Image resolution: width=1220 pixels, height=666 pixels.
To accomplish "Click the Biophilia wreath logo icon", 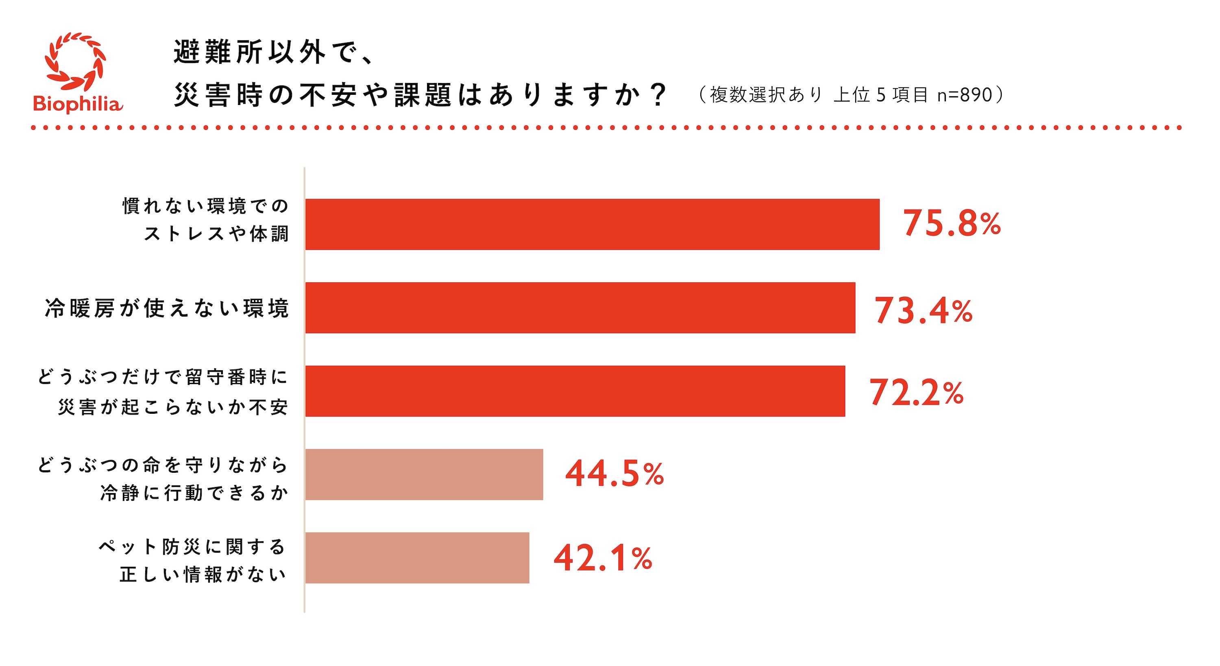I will pyautogui.click(x=76, y=61).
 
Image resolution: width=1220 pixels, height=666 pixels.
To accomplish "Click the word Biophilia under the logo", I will pyautogui.click(x=78, y=104).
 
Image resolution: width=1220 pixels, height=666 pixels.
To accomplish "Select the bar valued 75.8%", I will pyautogui.click(x=592, y=225).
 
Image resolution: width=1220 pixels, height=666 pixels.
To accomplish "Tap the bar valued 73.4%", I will pyautogui.click(x=580, y=308).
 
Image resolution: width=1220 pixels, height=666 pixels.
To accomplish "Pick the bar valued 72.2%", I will pyautogui.click(x=575, y=391).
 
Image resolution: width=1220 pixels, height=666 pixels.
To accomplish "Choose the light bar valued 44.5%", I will pyautogui.click(x=424, y=475).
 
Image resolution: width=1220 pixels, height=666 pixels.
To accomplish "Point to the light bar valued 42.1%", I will pyautogui.click(x=417, y=558).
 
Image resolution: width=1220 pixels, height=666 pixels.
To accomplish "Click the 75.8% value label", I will pyautogui.click(x=952, y=224).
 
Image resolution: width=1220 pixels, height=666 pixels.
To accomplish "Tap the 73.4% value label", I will pyautogui.click(x=923, y=311).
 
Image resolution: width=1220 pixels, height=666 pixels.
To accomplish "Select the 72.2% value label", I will pyautogui.click(x=916, y=393).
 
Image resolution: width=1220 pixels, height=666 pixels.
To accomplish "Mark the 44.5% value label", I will pyautogui.click(x=614, y=474).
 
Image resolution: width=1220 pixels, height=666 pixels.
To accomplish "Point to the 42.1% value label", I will pyautogui.click(x=603, y=559).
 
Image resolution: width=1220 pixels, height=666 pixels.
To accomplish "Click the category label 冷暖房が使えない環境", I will pyautogui.click(x=167, y=308).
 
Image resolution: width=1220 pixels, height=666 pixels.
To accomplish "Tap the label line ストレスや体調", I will pyautogui.click(x=216, y=234).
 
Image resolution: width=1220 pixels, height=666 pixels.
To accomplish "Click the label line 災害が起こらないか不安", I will pyautogui.click(x=173, y=407).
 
